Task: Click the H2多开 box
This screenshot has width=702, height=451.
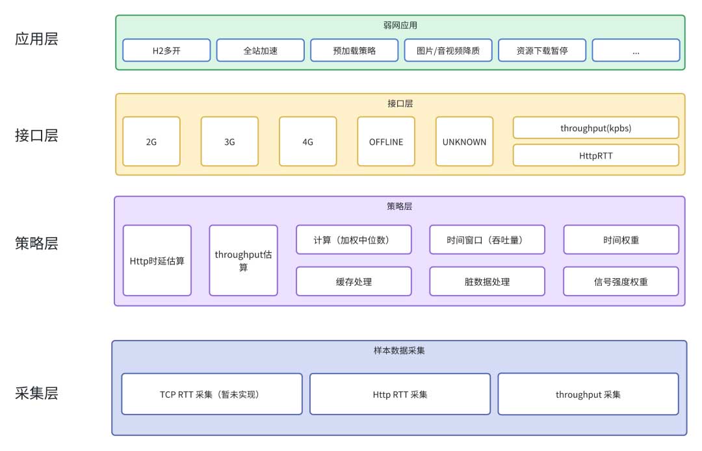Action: (x=167, y=50)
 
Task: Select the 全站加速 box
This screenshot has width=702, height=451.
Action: (x=261, y=50)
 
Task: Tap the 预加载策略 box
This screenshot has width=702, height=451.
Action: (x=354, y=50)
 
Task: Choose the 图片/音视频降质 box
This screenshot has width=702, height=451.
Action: (x=448, y=50)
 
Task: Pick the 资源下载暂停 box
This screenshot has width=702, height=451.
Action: (x=542, y=50)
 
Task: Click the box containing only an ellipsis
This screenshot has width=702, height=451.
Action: (x=636, y=50)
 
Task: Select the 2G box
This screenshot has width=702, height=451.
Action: (x=151, y=142)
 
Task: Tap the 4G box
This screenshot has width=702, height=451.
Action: (x=308, y=142)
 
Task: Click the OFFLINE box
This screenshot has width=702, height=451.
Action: (x=386, y=142)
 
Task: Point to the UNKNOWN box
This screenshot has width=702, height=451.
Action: (x=464, y=142)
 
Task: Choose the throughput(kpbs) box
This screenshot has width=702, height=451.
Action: (x=596, y=128)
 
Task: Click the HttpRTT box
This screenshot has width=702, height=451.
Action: (x=596, y=155)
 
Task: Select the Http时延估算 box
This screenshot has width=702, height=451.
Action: (x=157, y=261)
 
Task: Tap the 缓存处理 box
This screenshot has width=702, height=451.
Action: (x=354, y=281)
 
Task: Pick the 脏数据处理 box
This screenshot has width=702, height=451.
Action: (x=487, y=281)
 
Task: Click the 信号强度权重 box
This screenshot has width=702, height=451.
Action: (x=621, y=281)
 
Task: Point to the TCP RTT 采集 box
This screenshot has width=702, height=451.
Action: (x=212, y=394)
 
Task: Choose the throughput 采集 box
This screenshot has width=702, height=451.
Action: (x=588, y=394)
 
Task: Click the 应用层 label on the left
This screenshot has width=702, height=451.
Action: (x=36, y=39)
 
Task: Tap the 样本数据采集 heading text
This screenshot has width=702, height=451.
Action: (x=399, y=351)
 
